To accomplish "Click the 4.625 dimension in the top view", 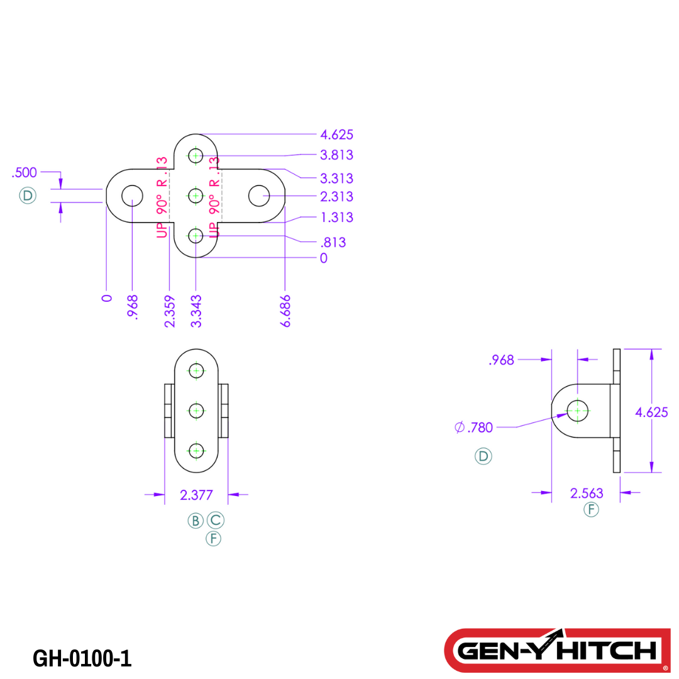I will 336,135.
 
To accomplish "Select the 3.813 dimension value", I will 336,155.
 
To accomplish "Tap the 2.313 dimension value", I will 336,197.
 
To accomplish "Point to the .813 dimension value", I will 333,243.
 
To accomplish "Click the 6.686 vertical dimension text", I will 286,311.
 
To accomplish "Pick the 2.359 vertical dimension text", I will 169,311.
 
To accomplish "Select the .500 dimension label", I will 25,173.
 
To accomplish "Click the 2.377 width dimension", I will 196,495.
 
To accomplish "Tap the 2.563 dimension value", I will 587,494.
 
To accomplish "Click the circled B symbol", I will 196,521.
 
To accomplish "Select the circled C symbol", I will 216,521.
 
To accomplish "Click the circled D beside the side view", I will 483,456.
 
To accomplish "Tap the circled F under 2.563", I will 591,510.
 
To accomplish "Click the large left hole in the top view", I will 132,196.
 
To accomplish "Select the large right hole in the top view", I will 259,196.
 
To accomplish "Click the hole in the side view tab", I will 578,411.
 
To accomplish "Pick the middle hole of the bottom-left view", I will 197,411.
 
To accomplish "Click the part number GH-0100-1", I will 82,658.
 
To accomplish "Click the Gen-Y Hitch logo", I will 557,650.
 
